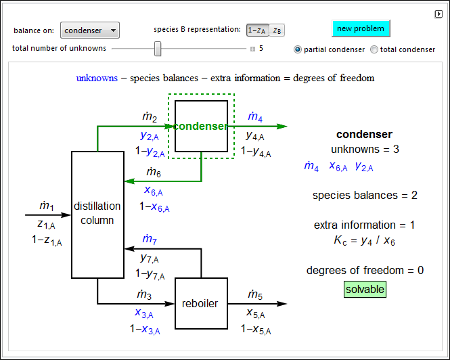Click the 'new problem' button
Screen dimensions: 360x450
(x=361, y=28)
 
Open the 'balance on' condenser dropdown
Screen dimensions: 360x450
(x=89, y=30)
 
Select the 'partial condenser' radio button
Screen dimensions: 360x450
(x=298, y=49)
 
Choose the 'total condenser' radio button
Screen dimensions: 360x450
(x=374, y=49)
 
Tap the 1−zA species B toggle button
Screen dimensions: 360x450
(x=257, y=30)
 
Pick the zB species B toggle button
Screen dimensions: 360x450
(x=277, y=30)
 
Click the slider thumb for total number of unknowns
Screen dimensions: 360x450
(x=158, y=49)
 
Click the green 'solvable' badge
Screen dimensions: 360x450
(x=365, y=290)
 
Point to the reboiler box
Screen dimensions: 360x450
(x=201, y=304)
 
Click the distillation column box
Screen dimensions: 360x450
(x=97, y=214)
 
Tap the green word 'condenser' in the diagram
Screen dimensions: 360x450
(x=200, y=127)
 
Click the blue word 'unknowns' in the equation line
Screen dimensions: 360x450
(x=97, y=78)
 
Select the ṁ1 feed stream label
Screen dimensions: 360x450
(x=46, y=206)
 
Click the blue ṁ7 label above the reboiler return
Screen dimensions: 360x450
(x=150, y=239)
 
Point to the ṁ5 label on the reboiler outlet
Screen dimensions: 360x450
(x=255, y=294)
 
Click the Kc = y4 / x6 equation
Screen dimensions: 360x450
(x=365, y=239)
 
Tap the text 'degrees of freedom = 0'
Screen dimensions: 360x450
(x=365, y=271)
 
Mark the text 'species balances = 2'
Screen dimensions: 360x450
(x=365, y=196)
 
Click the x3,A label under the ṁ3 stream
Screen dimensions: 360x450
(x=143, y=313)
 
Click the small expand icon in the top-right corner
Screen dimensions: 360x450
(x=438, y=14)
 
